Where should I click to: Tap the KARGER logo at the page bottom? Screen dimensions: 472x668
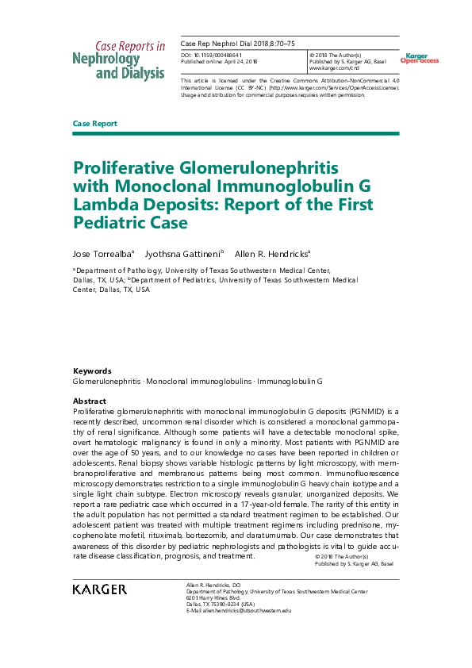(99, 589)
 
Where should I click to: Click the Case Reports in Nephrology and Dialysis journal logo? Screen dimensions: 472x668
(119, 61)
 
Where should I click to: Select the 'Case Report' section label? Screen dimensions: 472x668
(94, 124)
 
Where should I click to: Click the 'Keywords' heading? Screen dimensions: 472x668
(92, 371)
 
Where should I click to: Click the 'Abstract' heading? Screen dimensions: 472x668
(89, 401)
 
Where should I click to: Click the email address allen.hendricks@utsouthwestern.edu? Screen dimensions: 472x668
(239, 610)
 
